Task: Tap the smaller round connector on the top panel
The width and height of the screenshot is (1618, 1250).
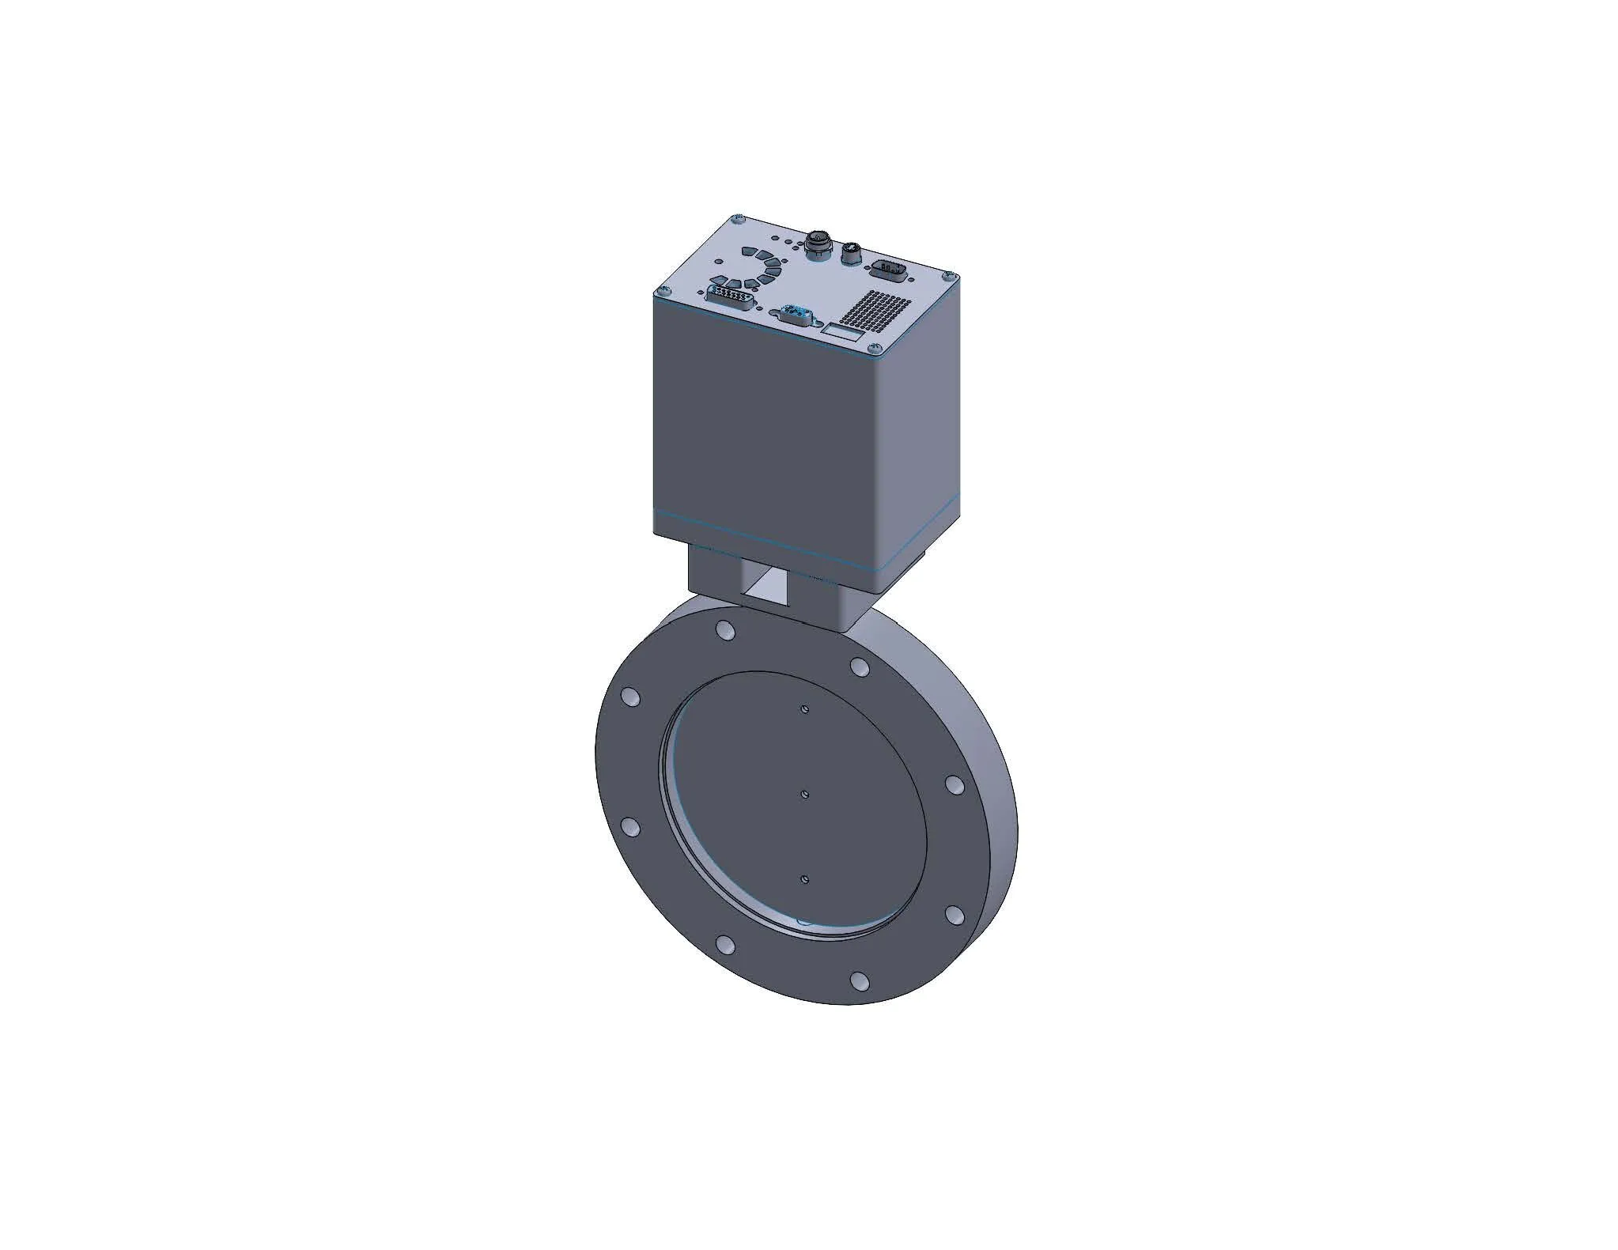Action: coord(852,254)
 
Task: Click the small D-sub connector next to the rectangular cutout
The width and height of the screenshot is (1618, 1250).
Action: coord(795,313)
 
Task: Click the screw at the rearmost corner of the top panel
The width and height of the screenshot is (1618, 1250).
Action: coord(737,218)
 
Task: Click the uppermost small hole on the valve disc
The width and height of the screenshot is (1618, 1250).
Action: coord(803,709)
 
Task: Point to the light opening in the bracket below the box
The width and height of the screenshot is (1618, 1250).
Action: coord(766,588)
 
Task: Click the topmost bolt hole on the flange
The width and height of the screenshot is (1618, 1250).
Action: coord(723,630)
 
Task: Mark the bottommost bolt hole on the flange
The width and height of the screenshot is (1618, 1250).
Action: coord(860,981)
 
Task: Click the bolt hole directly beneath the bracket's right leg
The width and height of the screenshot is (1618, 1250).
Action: coord(860,667)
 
